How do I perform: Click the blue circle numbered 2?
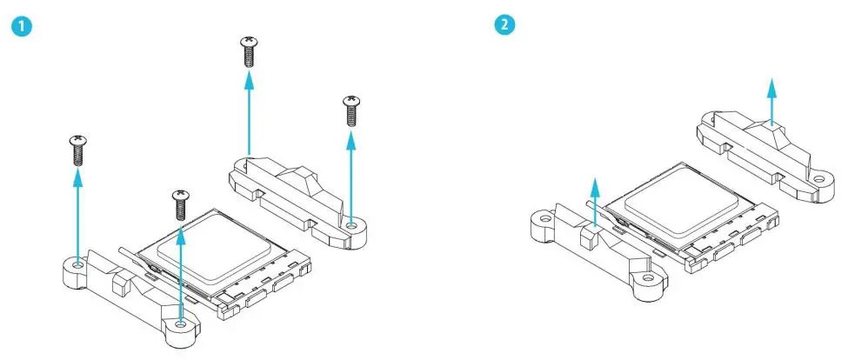[504, 25]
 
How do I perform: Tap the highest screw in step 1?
[249, 52]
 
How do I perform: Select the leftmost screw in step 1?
[77, 150]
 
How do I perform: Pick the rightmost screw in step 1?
[352, 110]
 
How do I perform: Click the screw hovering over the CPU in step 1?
[180, 203]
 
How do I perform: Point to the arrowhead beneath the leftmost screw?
[77, 177]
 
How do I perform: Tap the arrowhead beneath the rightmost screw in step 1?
[352, 137]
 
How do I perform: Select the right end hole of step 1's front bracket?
[180, 323]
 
